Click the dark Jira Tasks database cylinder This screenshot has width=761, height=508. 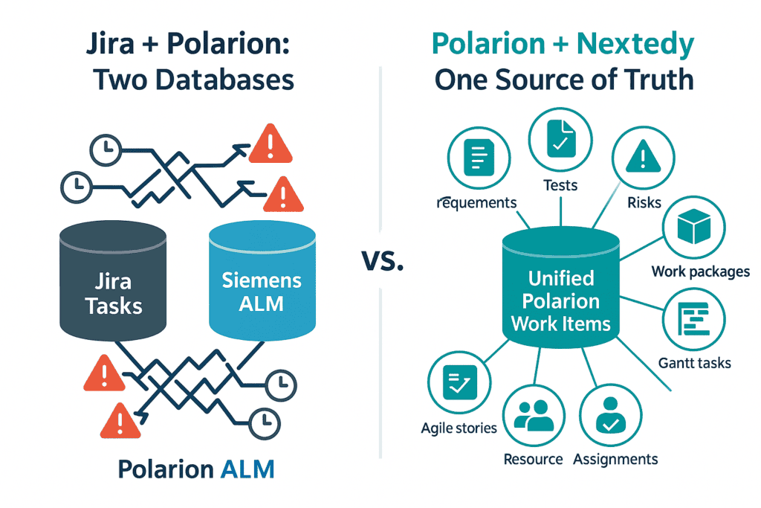pos(113,280)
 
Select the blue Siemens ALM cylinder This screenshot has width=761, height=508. pos(262,280)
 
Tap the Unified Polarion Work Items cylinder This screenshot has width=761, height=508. pos(561,288)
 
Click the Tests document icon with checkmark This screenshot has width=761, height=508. pos(560,139)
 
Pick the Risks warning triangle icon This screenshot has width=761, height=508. pos(643,156)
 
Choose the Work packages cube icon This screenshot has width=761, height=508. pos(694,226)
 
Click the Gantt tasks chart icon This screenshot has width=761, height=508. pos(693,319)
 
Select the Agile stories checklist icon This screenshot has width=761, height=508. pos(459,382)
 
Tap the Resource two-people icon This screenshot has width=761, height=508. pos(534,415)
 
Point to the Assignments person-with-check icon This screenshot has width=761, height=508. pos(611,415)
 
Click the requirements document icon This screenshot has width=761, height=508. pos(479,158)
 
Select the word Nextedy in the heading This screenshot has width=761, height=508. pos(635,45)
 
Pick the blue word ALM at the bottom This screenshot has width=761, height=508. pos(247,469)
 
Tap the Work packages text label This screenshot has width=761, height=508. pos(700,271)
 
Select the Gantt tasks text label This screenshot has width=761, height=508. pos(695,363)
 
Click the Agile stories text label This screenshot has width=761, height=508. pos(459,428)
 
